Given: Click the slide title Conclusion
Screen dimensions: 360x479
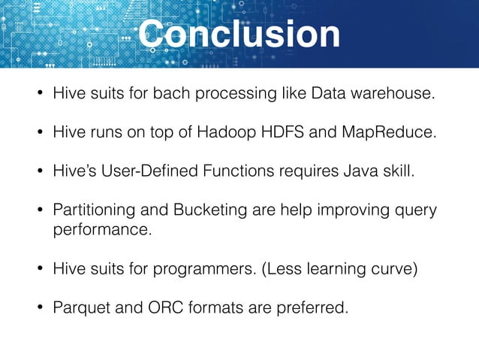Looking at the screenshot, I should pyautogui.click(x=239, y=35).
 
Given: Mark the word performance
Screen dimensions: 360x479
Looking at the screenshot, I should pyautogui.click(x=102, y=230).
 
